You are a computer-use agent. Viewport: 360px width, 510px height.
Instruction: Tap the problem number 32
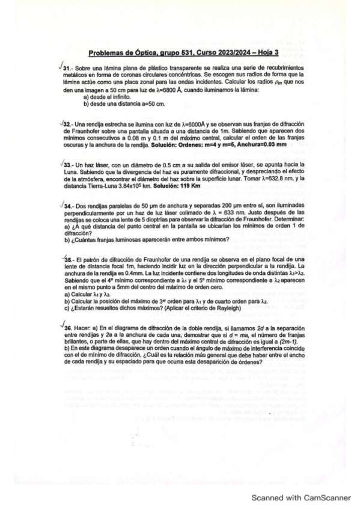click(x=67, y=122)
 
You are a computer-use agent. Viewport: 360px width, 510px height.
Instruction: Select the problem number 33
click(x=67, y=164)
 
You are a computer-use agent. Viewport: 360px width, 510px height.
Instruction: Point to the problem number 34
click(x=67, y=206)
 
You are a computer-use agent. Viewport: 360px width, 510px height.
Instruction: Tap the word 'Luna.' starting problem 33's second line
click(x=72, y=171)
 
